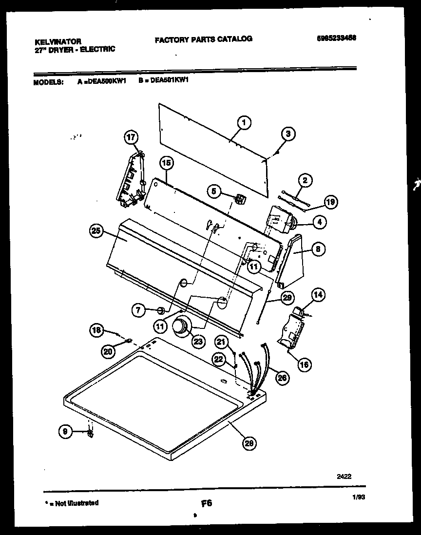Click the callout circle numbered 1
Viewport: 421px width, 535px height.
tap(244, 123)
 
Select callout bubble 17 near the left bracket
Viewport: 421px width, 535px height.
tap(131, 137)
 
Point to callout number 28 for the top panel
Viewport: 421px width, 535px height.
tap(249, 442)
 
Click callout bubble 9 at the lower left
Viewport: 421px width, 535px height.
tap(64, 430)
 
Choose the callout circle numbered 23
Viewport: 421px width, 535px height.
tap(198, 342)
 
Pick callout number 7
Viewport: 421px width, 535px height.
tap(138, 309)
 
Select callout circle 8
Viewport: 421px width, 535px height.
tap(317, 249)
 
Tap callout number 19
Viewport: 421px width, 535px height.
tap(330, 202)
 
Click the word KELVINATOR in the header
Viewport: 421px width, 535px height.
tap(58, 42)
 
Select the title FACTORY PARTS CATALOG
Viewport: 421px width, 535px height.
tap(203, 39)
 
